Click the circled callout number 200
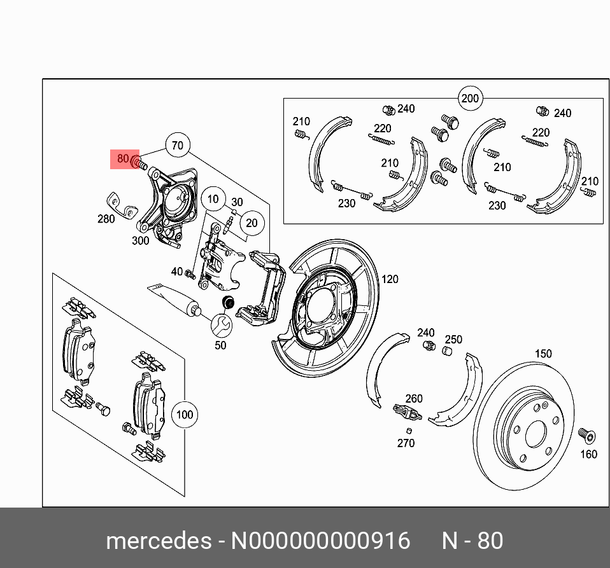(469, 99)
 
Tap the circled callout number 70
(178, 146)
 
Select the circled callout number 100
(184, 415)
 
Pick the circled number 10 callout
(213, 199)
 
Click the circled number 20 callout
(252, 223)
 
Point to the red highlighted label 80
(124, 158)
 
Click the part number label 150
(543, 354)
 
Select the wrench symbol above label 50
(222, 325)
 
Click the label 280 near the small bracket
(106, 219)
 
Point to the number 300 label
(140, 240)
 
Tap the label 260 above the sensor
(414, 399)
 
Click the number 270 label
(406, 443)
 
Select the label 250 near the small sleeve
(453, 340)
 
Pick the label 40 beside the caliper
(176, 272)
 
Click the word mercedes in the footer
(158, 541)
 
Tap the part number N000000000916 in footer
(320, 541)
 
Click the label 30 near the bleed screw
(237, 202)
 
